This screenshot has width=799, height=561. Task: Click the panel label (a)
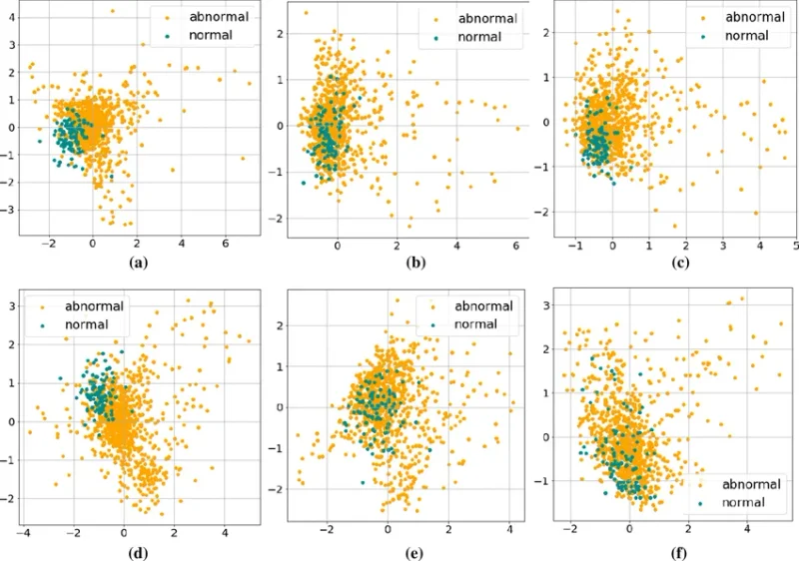point(138,264)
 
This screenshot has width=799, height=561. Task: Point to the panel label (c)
point(661,264)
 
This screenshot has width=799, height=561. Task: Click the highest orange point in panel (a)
point(113,11)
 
